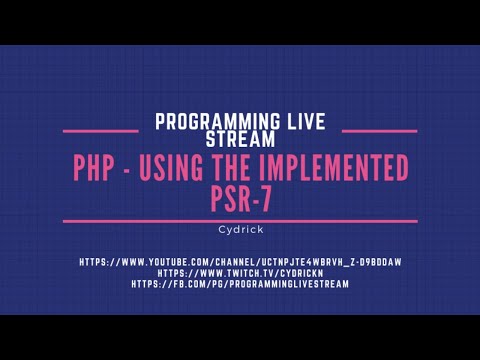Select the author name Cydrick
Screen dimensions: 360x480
point(240,228)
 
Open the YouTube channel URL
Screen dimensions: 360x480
point(240,262)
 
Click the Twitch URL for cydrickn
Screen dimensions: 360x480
point(240,272)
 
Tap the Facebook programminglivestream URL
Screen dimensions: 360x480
point(240,283)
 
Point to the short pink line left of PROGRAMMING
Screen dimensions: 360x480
point(100,129)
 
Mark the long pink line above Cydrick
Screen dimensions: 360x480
point(240,219)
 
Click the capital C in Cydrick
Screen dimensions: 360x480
point(221,228)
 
